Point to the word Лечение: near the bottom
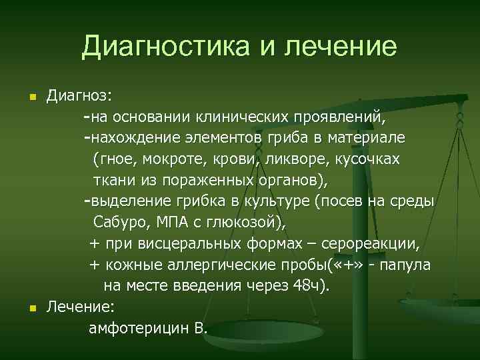click(x=80, y=307)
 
